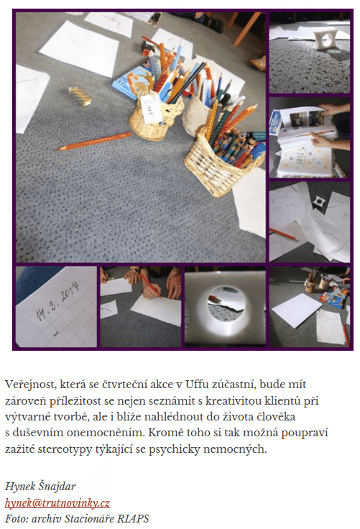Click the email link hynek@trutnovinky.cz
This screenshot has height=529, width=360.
click(x=57, y=502)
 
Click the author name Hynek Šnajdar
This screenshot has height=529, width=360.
click(x=40, y=486)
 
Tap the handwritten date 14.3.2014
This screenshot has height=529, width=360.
click(x=58, y=301)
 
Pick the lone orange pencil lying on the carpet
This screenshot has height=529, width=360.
click(x=94, y=141)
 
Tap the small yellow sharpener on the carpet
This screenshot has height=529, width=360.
click(x=80, y=95)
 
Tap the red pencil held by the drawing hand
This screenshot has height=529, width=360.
click(x=150, y=285)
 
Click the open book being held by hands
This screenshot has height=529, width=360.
click(x=305, y=142)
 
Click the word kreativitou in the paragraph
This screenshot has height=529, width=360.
click(x=233, y=400)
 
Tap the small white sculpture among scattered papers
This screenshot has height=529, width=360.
click(x=318, y=202)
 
